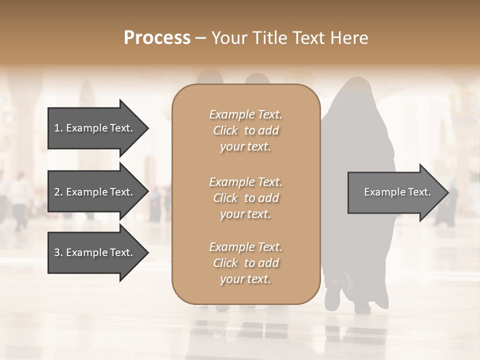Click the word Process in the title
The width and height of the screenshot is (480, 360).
pyautogui.click(x=157, y=38)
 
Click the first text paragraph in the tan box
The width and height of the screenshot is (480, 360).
pyautogui.click(x=245, y=130)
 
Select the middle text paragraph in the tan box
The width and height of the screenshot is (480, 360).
pyautogui.click(x=245, y=198)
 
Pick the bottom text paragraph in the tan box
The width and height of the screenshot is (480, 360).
pyautogui.click(x=245, y=263)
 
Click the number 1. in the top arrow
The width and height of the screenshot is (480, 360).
pyautogui.click(x=58, y=128)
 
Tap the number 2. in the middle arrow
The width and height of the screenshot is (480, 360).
pyautogui.click(x=58, y=192)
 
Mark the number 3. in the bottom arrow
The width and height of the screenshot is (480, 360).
pyautogui.click(x=58, y=252)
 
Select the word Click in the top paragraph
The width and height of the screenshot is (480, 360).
pyautogui.click(x=225, y=130)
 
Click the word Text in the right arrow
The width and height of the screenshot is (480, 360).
pyautogui.click(x=419, y=192)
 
